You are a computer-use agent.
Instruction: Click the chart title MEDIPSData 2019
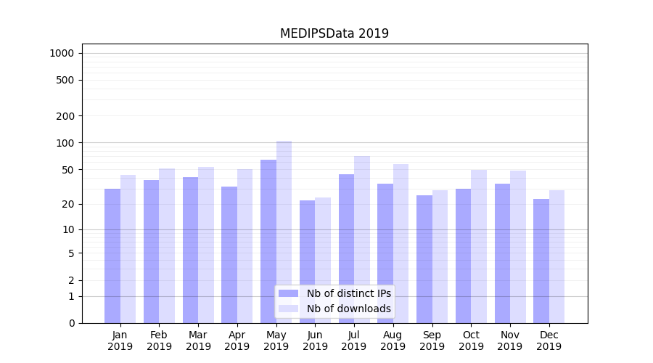point(334,33)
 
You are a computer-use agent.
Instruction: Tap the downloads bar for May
point(284,232)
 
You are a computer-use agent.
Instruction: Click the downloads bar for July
point(362,240)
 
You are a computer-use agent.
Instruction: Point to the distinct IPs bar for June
point(308,261)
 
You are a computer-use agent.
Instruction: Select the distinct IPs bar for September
point(424,259)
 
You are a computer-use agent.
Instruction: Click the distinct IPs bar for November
point(502,253)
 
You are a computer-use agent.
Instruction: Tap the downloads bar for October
point(479,246)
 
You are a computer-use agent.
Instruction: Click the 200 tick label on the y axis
point(65,116)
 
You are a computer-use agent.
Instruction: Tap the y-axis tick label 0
point(71,323)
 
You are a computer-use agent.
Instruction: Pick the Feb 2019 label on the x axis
point(159,340)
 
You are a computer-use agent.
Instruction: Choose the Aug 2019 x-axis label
point(393,340)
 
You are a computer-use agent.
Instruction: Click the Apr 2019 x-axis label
point(237,340)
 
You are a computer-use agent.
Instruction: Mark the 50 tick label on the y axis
point(68,170)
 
